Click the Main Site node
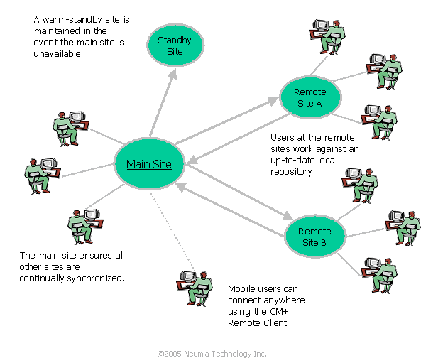click(150, 164)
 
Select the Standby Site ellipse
click(175, 45)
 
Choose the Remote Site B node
click(313, 237)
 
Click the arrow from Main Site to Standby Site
click(163, 100)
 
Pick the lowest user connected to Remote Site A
click(379, 121)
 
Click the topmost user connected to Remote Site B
click(361, 185)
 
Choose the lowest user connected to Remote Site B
click(379, 274)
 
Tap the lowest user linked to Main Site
click(87, 226)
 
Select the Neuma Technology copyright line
click(212, 353)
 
